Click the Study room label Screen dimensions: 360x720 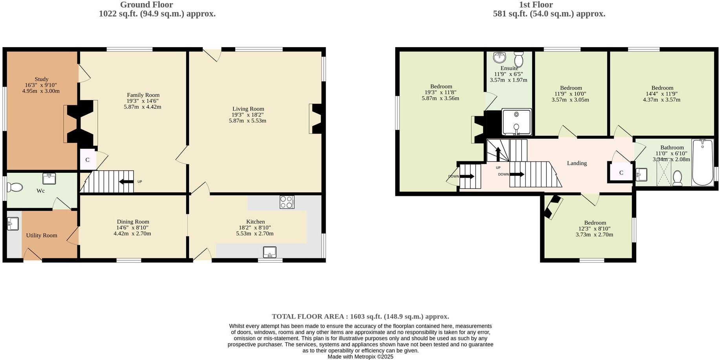42,79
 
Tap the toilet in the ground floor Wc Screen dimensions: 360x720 15,187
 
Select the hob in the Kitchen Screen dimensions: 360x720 287,202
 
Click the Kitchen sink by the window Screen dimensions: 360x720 269,252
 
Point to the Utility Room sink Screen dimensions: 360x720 13,224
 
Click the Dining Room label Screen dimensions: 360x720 133,222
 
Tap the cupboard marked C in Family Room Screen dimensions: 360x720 87,160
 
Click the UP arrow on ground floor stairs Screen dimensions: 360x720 126,182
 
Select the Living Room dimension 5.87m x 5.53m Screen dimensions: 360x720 247,121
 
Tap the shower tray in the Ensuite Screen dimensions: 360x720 517,122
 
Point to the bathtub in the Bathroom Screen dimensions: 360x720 702,162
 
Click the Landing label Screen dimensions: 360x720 577,163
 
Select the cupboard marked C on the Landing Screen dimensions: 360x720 621,173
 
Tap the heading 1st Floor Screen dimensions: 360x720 536,5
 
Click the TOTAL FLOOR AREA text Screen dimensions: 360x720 360,316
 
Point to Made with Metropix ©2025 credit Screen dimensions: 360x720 360,357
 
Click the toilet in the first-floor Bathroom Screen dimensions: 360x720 677,178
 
